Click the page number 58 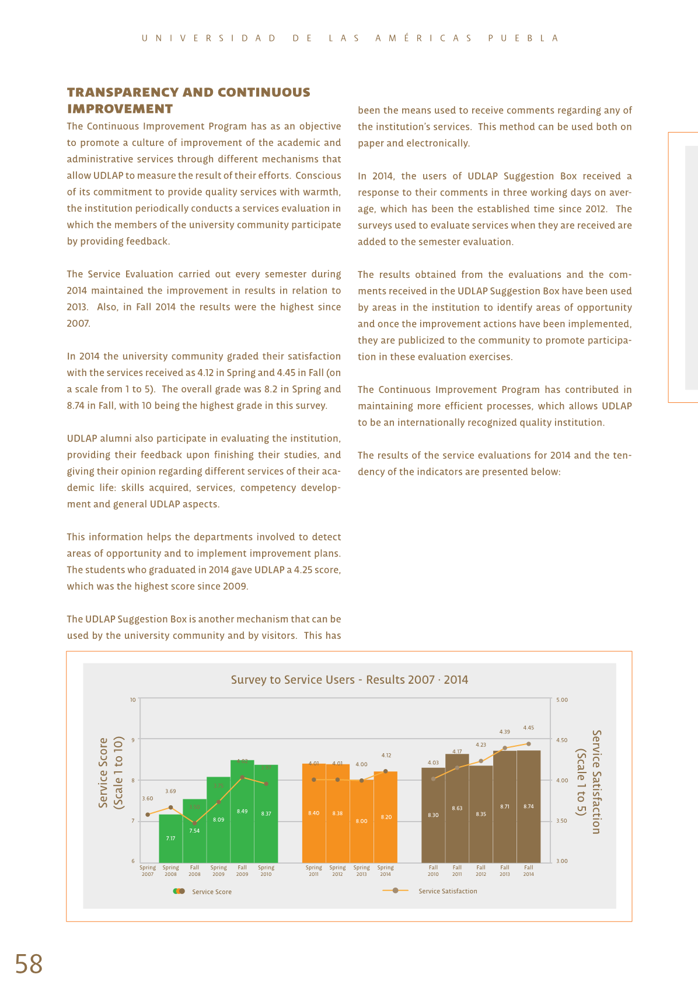coord(29,964)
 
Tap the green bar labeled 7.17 coord(170,838)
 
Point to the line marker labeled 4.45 coord(529,744)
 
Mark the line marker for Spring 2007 coord(148,814)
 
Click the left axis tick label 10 coord(133,700)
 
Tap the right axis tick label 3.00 coord(561,861)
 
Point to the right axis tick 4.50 coord(561,740)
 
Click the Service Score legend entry coord(211,892)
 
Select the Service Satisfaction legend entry coord(447,891)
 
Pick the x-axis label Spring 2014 coord(385,871)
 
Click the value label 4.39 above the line coord(504,732)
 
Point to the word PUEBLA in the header coord(523,39)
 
